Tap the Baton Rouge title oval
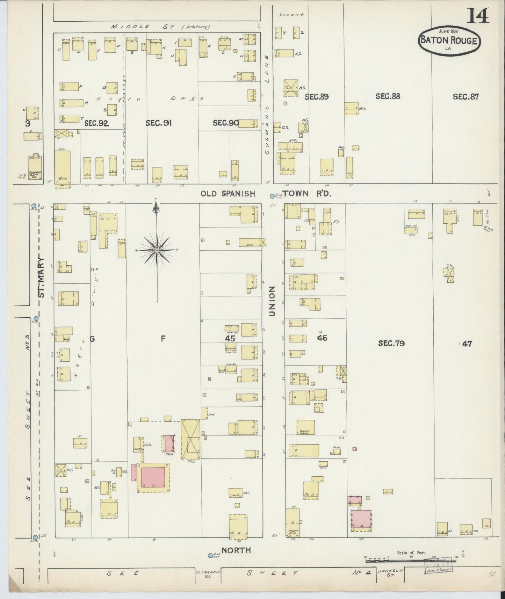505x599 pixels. pos(449,41)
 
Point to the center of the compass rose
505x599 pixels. pos(157,250)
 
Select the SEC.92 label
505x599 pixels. pos(97,123)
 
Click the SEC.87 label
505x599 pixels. pos(466,96)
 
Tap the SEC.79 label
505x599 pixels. pos(391,343)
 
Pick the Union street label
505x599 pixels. pos(272,301)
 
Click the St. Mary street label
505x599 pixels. pos(42,278)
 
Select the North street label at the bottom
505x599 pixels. pos(236,550)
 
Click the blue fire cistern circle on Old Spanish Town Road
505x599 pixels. pos(272,196)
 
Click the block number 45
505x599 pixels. pos(230,338)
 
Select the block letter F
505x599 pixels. pos(163,338)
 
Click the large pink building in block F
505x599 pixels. pos(153,477)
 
